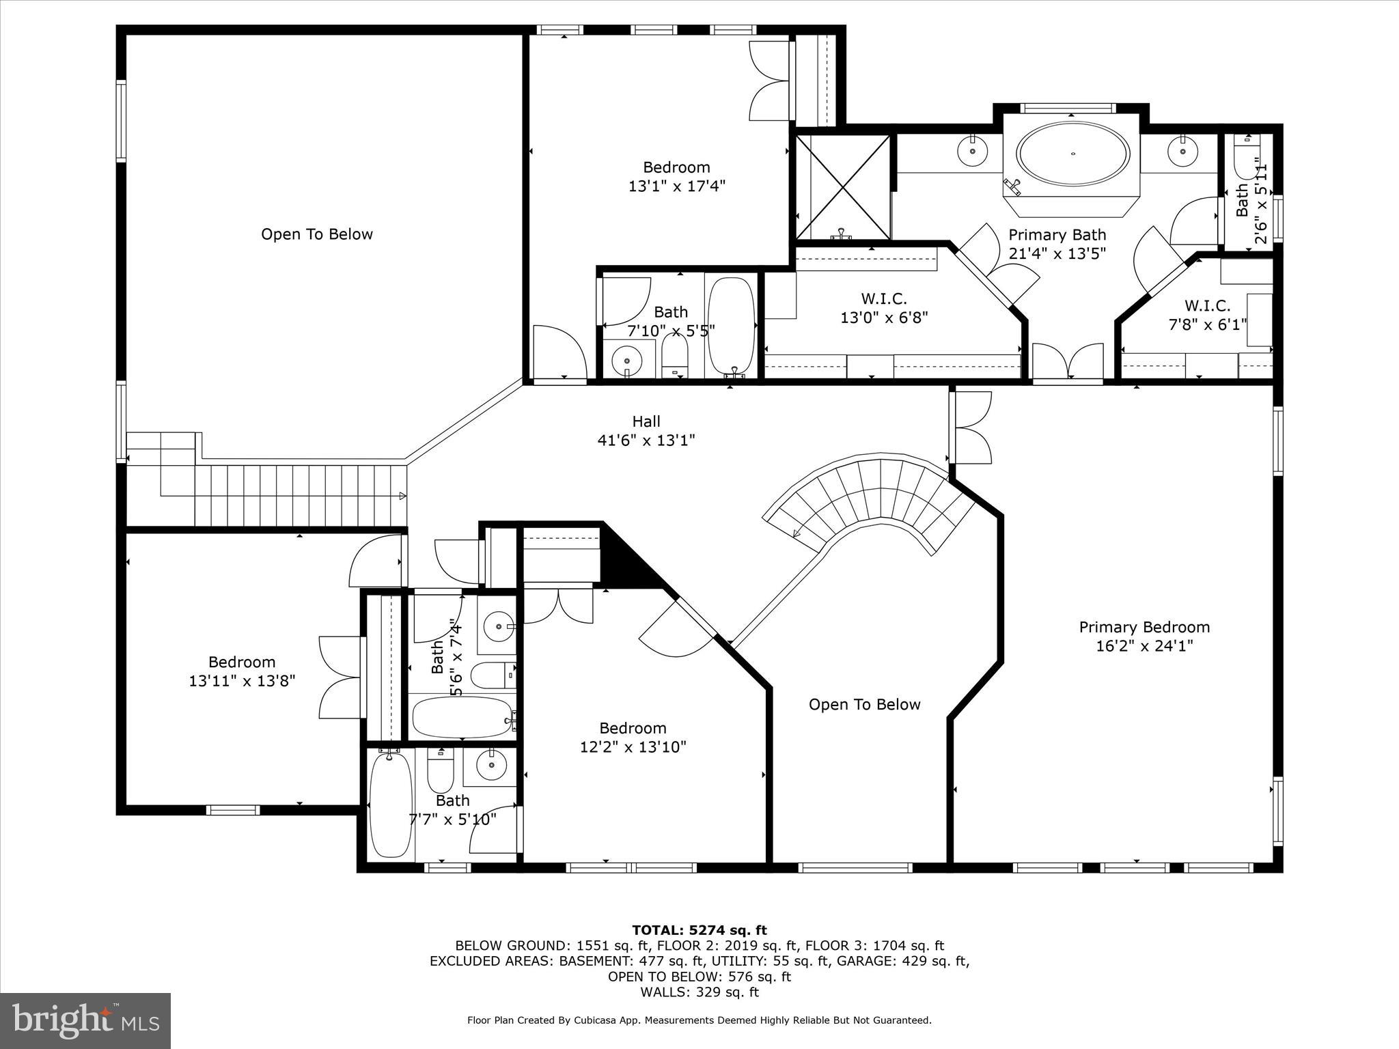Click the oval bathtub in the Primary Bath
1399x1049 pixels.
(1072, 154)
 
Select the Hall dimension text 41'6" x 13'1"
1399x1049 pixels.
(646, 440)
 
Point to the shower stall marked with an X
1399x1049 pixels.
(844, 187)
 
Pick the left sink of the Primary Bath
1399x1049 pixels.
(971, 150)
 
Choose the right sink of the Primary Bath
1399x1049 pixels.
(1180, 150)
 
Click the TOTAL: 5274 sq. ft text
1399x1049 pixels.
(699, 930)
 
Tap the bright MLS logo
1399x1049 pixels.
(85, 1021)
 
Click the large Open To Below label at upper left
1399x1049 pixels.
(317, 234)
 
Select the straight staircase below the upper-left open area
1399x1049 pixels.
(301, 495)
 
